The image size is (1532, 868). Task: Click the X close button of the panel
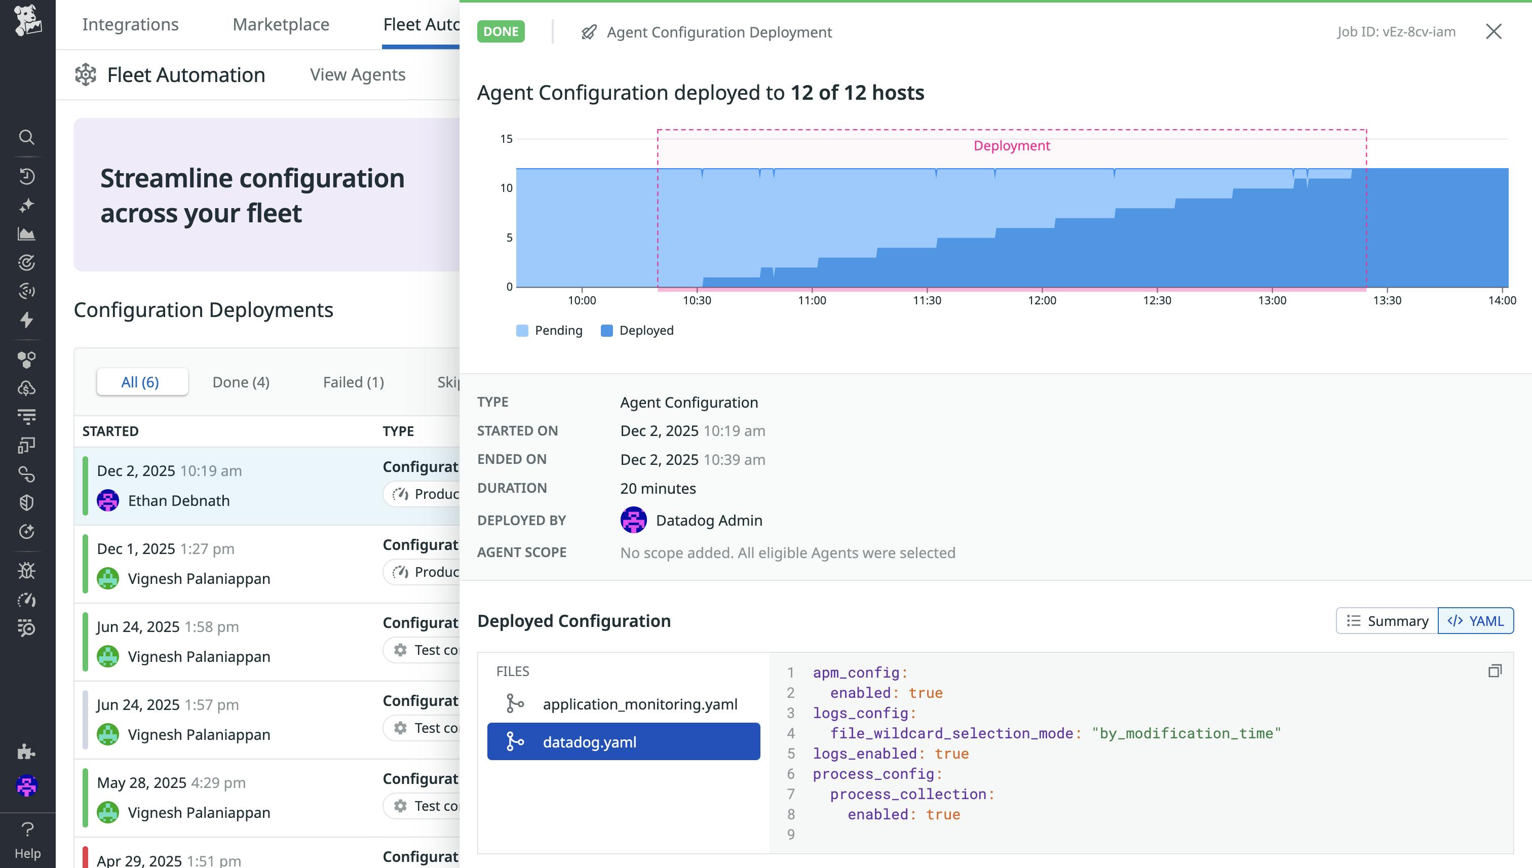click(1492, 31)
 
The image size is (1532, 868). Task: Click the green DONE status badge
click(501, 31)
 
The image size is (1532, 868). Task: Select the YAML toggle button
click(1475, 620)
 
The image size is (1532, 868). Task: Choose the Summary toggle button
click(1387, 620)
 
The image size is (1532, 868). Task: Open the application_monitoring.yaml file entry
click(639, 704)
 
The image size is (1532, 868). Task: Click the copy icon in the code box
click(1495, 672)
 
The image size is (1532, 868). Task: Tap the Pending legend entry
click(549, 330)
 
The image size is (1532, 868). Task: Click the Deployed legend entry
click(637, 330)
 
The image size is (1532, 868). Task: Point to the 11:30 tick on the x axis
click(927, 300)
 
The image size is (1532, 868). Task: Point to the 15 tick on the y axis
click(506, 139)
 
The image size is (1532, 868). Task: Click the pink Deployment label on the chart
click(1011, 145)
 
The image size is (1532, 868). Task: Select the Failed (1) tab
click(353, 382)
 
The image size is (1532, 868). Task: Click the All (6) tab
click(140, 382)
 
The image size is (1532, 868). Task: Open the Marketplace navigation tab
click(280, 24)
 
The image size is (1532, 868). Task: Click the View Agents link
click(357, 74)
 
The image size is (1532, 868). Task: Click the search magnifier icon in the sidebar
click(26, 137)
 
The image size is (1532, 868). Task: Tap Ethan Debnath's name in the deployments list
click(178, 501)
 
